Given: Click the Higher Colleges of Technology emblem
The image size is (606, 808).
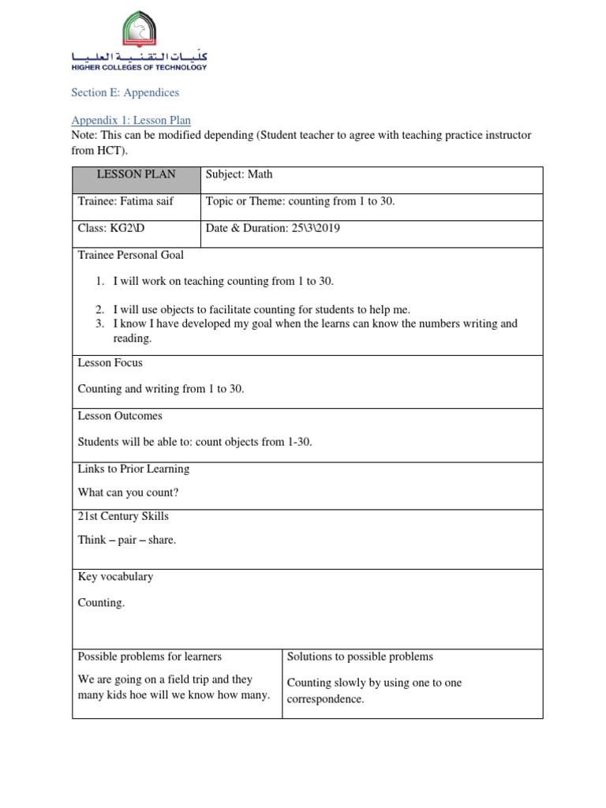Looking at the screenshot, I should pyautogui.click(x=139, y=32).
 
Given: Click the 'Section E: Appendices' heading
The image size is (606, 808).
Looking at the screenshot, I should pyautogui.click(x=125, y=92).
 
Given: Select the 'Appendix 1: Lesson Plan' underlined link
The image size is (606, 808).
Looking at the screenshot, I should pyautogui.click(x=130, y=120).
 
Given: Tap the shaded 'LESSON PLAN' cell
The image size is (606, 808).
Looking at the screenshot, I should pyautogui.click(x=136, y=174).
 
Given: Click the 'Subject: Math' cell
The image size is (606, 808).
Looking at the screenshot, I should pyautogui.click(x=239, y=174).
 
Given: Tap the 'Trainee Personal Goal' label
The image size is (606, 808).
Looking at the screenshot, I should pyautogui.click(x=130, y=255).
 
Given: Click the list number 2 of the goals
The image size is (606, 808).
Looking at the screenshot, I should pyautogui.click(x=100, y=309).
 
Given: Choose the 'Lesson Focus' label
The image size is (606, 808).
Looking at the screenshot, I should pyautogui.click(x=110, y=363).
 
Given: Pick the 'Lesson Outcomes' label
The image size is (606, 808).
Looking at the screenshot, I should pyautogui.click(x=120, y=416).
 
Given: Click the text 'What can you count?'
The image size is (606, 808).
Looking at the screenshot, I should pyautogui.click(x=128, y=492).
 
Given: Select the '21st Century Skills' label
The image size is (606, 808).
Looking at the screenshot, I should pyautogui.click(x=122, y=516).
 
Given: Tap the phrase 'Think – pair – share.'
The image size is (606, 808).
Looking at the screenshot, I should pyautogui.click(x=127, y=540).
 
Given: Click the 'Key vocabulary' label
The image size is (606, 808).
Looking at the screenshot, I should pyautogui.click(x=115, y=577).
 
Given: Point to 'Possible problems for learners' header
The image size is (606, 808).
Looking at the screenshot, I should pyautogui.click(x=149, y=656).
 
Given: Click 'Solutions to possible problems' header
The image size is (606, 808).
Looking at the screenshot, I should pyautogui.click(x=360, y=656).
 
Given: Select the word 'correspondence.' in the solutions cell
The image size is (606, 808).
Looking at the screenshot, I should pyautogui.click(x=325, y=699).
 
